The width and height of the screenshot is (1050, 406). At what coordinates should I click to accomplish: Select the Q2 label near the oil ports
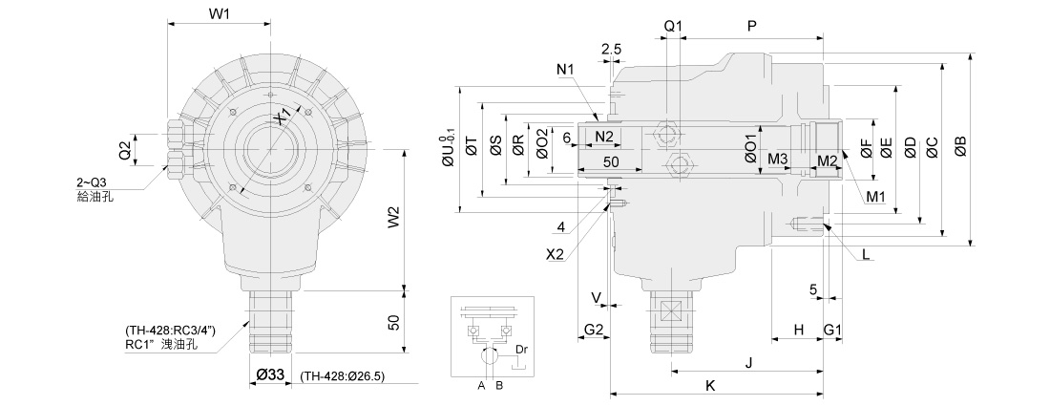click(124, 150)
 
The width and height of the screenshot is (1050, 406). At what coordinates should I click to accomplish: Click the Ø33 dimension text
click(271, 376)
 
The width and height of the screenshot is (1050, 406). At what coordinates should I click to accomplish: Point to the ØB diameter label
click(959, 146)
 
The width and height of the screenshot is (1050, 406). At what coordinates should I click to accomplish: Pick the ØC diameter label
click(933, 146)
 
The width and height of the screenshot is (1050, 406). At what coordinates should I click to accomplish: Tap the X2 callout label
click(556, 254)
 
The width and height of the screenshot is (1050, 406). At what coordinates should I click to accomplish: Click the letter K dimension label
click(710, 384)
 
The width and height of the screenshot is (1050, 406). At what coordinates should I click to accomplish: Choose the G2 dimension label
click(594, 330)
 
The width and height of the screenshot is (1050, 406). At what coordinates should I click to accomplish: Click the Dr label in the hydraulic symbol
click(521, 351)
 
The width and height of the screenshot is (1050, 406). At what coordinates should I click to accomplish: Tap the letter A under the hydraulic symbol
click(482, 386)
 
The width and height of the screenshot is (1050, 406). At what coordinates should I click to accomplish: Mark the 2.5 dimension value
click(612, 49)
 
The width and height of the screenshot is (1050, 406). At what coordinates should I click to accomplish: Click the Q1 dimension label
click(674, 27)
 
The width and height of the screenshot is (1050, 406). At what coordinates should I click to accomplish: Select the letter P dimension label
click(752, 27)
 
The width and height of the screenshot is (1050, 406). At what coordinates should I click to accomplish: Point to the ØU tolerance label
click(448, 152)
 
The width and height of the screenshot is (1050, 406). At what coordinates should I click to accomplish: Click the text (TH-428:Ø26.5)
click(342, 376)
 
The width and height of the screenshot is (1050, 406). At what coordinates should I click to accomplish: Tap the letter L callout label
click(865, 254)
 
